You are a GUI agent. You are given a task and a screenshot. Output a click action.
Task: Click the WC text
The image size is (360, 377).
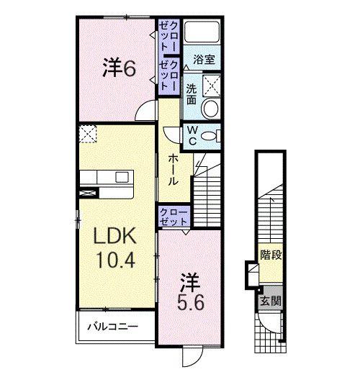(x=193, y=135)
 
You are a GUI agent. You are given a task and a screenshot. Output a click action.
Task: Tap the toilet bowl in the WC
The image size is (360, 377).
(x=210, y=135)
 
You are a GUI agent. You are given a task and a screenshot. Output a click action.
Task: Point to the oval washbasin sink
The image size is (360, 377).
(x=210, y=109)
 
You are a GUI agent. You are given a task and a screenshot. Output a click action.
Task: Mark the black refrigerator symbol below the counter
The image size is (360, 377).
(x=89, y=192)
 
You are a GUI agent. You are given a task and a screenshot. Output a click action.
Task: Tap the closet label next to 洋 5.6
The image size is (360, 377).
(x=174, y=217)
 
